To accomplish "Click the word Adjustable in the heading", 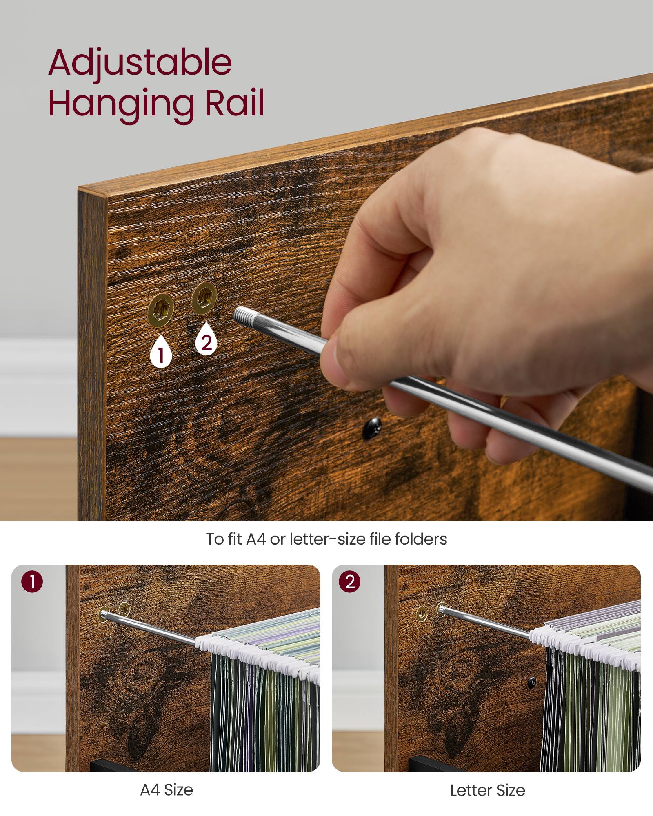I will pyautogui.click(x=140, y=63).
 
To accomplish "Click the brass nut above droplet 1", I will pyautogui.click(x=161, y=311).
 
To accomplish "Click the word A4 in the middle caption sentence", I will pyautogui.click(x=256, y=539).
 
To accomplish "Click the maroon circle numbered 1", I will pyautogui.click(x=32, y=581).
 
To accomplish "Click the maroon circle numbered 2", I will pyautogui.click(x=349, y=581).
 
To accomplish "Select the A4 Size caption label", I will pyautogui.click(x=167, y=790).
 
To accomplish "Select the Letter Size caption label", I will pyautogui.click(x=487, y=790).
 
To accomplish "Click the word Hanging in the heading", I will pyautogui.click(x=122, y=103).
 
